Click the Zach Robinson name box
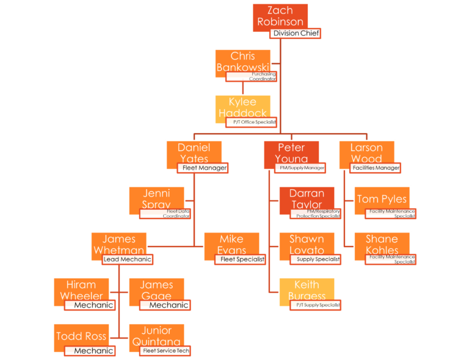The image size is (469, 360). pos(280,16)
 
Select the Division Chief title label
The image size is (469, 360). pos(296,34)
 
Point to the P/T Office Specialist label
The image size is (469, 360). pos(252,123)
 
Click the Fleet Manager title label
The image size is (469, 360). pos(203,168)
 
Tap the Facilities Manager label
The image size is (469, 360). pos(376,168)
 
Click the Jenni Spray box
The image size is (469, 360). pos(156,198)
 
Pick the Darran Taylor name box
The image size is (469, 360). pos(307,198)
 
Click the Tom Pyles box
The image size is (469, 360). pos(382,199)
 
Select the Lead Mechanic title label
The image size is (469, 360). pos(127,259)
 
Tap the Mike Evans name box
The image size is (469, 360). pos(231,243)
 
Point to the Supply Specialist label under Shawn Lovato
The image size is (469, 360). pos(315,259)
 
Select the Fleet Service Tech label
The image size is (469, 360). pos(165,351)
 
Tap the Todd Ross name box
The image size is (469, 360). pos(81,336)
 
